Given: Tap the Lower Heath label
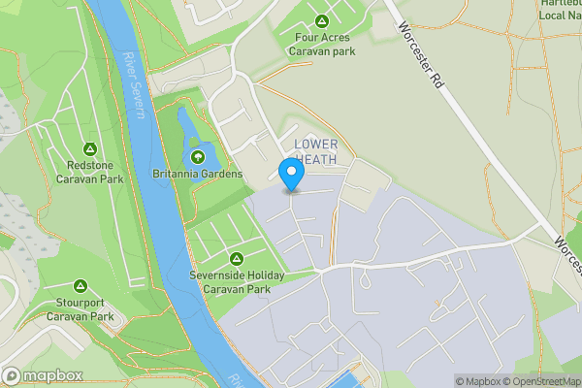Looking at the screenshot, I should pos(315,151).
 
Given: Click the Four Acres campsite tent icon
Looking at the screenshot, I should pos(321,21).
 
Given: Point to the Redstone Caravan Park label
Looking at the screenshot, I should pos(89,172).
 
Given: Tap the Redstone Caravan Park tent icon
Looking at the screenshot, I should pos(89,149).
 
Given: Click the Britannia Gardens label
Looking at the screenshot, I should pos(197,175).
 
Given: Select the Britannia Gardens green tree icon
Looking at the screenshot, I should pos(198,156).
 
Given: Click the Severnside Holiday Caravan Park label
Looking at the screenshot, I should pos(236,281).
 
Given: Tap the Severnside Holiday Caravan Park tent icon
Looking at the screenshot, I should pos(236,259).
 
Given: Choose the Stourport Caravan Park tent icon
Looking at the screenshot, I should pos(81,287).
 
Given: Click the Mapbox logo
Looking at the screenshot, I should pos(43,375).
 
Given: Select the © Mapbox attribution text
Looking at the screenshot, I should pos(480,381).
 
